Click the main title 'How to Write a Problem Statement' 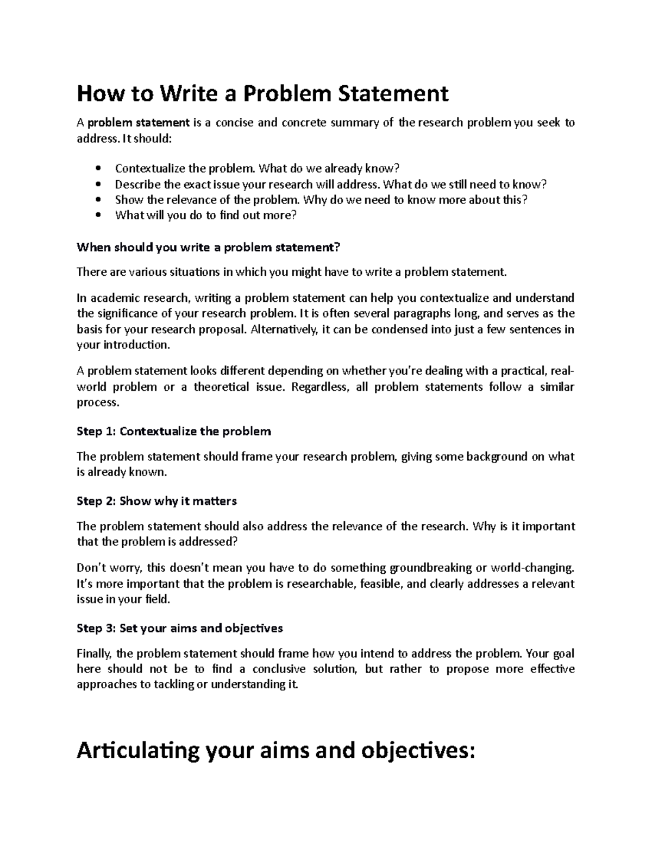262,94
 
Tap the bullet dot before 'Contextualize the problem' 98,168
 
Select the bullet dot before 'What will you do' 98,215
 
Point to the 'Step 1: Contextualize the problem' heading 174,432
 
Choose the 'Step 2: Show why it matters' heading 157,501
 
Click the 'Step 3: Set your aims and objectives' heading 180,629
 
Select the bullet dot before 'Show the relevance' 98,200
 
